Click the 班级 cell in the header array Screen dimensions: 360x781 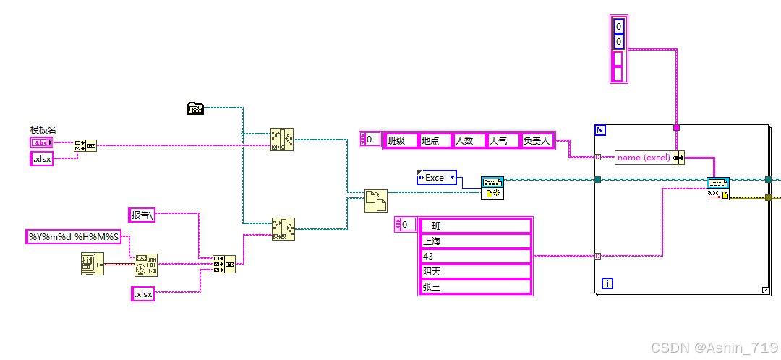tap(401, 140)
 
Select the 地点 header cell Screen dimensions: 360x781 tap(435, 140)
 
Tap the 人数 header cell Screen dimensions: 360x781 tap(469, 140)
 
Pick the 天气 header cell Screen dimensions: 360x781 tap(503, 140)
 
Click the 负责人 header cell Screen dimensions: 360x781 tap(537, 140)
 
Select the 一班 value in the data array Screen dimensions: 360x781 tap(475, 226)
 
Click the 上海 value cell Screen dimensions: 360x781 tap(475, 241)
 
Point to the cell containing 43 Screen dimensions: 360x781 tap(475, 256)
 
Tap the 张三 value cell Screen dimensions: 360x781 tap(475, 286)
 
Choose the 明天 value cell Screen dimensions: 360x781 tap(475, 271)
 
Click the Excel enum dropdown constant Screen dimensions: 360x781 tap(437, 177)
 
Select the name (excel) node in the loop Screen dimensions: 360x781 tap(643, 158)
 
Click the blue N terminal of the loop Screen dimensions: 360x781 tap(599, 130)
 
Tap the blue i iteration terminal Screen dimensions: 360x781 tap(607, 283)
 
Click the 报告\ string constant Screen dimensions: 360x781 tap(142, 215)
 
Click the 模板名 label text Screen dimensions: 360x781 tap(43, 130)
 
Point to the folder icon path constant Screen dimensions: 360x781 tap(195, 108)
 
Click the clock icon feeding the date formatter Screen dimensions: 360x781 tap(92, 265)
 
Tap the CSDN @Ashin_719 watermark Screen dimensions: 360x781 tap(714, 348)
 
